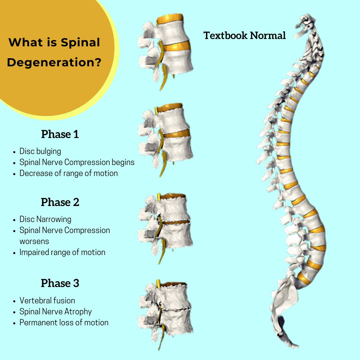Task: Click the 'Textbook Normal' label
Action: pyautogui.click(x=245, y=35)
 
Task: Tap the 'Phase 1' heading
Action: pyautogui.click(x=60, y=134)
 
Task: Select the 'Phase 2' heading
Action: pyautogui.click(x=60, y=202)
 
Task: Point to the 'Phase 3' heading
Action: pyautogui.click(x=60, y=283)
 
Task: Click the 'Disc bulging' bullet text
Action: pyautogui.click(x=40, y=151)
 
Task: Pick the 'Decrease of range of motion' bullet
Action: pyautogui.click(x=68, y=173)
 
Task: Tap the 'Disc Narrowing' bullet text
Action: pyautogui.click(x=45, y=219)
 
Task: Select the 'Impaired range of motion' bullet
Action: pyautogui.click(x=62, y=252)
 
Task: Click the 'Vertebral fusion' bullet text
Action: pyautogui.click(x=47, y=300)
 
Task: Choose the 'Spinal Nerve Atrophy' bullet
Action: pyautogui.click(x=56, y=311)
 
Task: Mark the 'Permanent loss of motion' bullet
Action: pyautogui.click(x=64, y=322)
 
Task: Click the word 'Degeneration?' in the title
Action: pyautogui.click(x=54, y=62)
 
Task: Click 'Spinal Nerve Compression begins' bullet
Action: pyautogui.click(x=77, y=162)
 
